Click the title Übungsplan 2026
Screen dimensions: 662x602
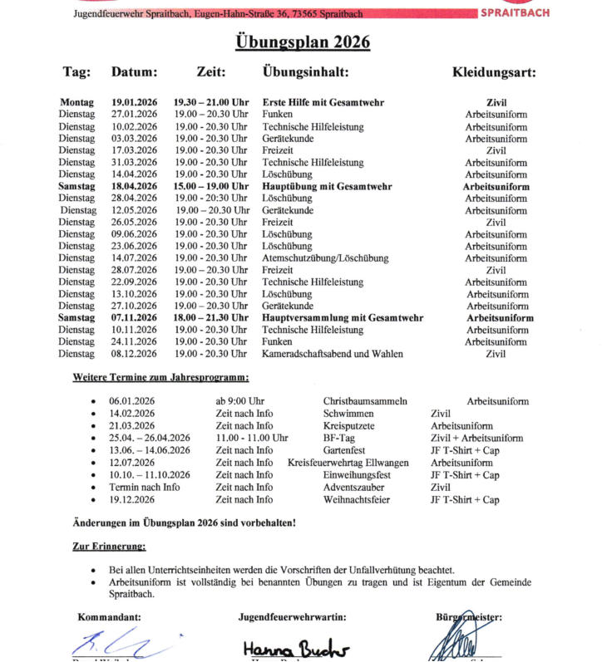coord(300,43)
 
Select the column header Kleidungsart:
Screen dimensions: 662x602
coord(494,73)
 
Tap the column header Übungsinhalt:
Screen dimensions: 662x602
coord(305,73)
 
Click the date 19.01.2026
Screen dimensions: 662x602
coord(135,102)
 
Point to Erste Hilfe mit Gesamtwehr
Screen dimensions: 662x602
coord(323,102)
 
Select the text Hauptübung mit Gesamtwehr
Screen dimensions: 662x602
coord(327,187)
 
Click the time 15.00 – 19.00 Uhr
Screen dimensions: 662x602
coord(211,187)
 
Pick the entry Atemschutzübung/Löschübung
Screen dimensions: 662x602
coord(325,258)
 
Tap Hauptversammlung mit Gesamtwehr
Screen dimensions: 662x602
coord(343,318)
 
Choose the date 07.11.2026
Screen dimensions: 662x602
coord(135,318)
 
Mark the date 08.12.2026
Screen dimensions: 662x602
coord(135,354)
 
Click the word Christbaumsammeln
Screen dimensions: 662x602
coord(365,402)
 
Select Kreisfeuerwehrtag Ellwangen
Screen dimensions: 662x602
coord(348,463)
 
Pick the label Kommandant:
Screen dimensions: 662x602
coord(110,617)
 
